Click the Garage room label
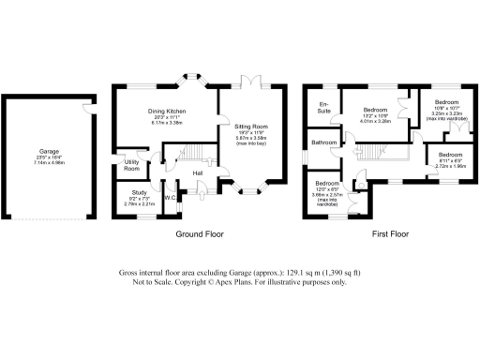tap(49, 150)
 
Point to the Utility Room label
tap(131, 166)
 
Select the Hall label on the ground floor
tap(198, 173)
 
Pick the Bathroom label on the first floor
tap(324, 142)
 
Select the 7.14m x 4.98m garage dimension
tap(49, 161)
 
